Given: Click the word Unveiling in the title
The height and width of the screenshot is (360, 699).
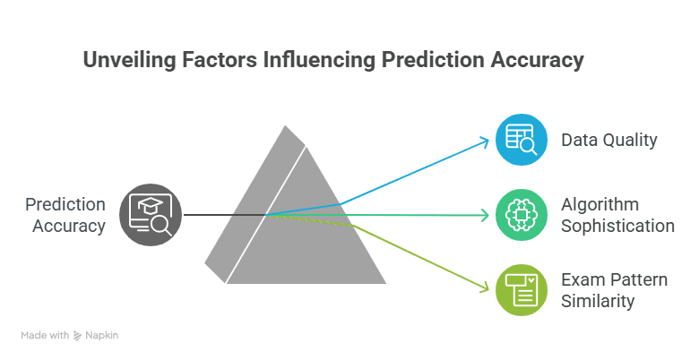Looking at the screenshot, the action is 129,60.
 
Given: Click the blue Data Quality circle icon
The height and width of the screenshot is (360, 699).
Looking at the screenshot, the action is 522,140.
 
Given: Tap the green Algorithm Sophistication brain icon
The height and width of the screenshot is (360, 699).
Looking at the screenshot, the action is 522,215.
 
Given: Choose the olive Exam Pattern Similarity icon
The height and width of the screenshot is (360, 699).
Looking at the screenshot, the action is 522,290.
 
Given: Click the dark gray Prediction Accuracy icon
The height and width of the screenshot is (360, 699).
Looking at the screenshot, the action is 151,215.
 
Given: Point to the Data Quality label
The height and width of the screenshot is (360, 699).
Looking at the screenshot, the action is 609,140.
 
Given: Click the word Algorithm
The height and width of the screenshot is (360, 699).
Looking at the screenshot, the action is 600,204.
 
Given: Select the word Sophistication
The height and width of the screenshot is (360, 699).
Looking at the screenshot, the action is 617,226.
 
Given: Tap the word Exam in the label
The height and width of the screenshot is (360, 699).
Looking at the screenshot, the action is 582,279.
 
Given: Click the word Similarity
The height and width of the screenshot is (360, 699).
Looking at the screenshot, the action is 598,301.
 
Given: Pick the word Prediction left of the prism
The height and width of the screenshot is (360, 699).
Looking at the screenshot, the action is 65,204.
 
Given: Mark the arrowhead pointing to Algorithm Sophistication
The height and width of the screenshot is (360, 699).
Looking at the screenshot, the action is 485,216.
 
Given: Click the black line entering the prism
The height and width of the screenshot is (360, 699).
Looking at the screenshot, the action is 225,215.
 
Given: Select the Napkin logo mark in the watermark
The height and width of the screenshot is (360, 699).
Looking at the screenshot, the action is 78,336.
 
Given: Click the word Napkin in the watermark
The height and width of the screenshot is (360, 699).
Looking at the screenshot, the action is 101,336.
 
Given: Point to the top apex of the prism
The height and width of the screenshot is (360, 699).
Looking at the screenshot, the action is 285,126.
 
